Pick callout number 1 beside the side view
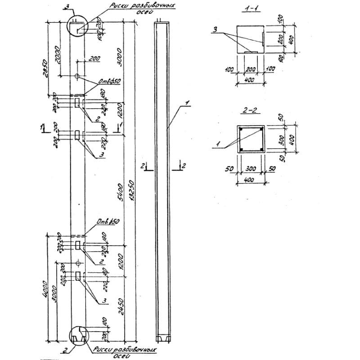185,103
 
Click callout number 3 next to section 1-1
216,29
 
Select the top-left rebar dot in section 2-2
242,130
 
